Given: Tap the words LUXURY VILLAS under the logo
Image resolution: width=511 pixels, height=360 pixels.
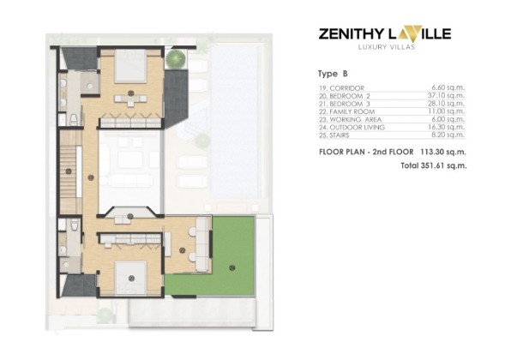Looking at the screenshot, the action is coord(387,47).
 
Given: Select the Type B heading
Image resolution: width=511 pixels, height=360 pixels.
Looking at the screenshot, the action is coord(333,74).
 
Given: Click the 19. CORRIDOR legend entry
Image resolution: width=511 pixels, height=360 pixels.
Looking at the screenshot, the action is coord(341,88).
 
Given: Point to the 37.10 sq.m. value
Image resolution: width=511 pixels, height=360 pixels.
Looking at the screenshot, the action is coord(446,95).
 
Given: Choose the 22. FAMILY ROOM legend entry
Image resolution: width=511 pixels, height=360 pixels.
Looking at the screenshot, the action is coord(346,111).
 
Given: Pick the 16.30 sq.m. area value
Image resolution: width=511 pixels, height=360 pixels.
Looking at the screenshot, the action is coord(446,127).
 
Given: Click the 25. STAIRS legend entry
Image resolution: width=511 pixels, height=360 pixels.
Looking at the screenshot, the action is coord(334,135).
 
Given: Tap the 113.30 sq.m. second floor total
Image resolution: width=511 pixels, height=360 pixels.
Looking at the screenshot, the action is coord(443,152).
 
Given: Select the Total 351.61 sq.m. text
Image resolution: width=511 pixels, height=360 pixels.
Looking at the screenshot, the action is coord(434,165).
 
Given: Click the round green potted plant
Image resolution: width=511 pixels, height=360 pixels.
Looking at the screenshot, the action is coord(175,58).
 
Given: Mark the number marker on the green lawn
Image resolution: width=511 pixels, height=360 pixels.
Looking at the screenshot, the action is coord(232,268).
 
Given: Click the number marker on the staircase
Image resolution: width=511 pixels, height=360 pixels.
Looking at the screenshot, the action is coord(69,171).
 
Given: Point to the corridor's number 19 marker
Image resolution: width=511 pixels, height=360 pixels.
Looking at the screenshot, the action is coord(91,177).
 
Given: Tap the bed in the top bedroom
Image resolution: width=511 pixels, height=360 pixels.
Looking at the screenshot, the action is coord(130,66).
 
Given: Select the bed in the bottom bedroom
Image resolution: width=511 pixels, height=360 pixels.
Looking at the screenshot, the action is coord(130,279).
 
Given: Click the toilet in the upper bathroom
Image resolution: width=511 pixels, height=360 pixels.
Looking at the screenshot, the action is coord(74,119).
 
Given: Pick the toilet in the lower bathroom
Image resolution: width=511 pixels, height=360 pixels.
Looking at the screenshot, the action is coord(75,225).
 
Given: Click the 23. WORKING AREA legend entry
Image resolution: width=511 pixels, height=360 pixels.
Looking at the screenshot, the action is coord(350,119).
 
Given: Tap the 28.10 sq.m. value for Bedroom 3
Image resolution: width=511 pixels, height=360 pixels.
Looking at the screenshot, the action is coord(446,103).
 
